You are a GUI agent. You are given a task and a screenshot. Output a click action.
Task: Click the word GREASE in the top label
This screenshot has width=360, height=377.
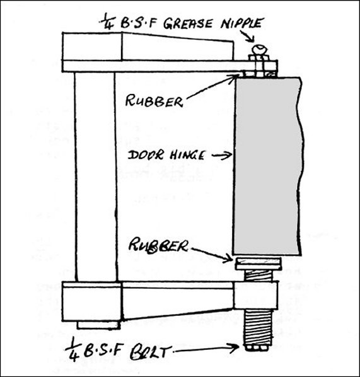pyautogui.click(x=188, y=23)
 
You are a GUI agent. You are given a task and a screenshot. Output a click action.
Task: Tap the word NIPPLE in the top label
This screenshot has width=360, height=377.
pyautogui.click(x=241, y=23)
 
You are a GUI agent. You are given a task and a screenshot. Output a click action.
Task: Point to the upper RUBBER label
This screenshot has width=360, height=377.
pyautogui.click(x=154, y=101)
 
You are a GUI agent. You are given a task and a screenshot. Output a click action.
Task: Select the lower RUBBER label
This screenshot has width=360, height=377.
pyautogui.click(x=158, y=245)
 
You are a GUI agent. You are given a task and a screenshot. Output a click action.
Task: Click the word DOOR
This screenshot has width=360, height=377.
pyautogui.click(x=146, y=155)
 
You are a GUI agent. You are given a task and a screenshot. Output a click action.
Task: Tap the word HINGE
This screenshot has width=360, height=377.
pyautogui.click(x=187, y=155)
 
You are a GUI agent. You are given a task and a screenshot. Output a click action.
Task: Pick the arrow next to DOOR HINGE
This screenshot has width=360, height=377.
pyautogui.click(x=222, y=156)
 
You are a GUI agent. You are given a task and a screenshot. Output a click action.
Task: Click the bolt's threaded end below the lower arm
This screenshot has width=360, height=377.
pyautogui.click(x=258, y=329)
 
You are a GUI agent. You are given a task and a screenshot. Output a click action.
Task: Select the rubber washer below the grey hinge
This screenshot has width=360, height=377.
pyautogui.click(x=258, y=264)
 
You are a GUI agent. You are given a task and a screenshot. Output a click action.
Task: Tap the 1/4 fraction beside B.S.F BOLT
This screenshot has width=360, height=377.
pyautogui.click(x=73, y=352)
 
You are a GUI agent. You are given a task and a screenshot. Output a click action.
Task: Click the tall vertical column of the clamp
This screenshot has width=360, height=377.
pyautogui.click(x=95, y=177)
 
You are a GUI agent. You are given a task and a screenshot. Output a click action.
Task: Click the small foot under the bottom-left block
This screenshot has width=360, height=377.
pyautogui.click(x=98, y=325)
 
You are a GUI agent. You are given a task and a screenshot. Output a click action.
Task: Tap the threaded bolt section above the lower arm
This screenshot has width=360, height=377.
pyautogui.click(x=258, y=275)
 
